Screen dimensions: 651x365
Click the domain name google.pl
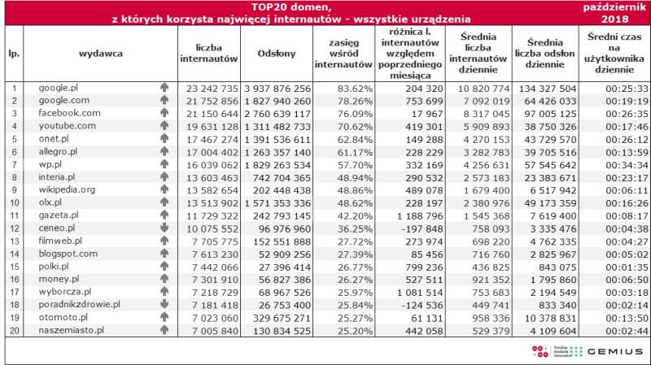[58, 89]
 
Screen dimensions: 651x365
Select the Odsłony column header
[277, 54]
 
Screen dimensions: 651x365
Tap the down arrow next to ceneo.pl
[164, 228]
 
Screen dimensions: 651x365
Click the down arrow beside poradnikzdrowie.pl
[164, 304]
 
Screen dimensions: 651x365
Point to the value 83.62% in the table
[355, 89]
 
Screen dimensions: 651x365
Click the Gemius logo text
[615, 352]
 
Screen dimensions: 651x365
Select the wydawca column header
[101, 54]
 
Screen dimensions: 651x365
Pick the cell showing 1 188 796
[420, 216]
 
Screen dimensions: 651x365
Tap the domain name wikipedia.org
[67, 190]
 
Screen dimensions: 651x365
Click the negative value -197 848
[424, 229]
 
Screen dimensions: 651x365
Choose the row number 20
[15, 331]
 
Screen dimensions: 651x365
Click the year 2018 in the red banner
[615, 19]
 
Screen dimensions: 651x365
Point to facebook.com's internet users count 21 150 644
[212, 114]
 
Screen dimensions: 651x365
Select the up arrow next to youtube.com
[164, 125]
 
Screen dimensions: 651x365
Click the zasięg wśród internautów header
[343, 54]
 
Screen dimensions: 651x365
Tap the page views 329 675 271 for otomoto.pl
[282, 318]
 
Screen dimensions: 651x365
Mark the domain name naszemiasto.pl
[71, 331]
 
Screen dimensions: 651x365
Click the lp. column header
[14, 54]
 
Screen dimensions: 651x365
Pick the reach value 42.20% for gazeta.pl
[355, 216]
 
